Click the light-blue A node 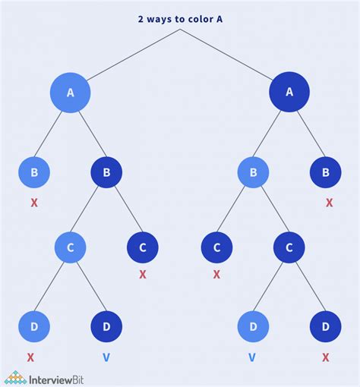point(71,93)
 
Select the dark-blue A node point(289,93)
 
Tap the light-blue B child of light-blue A point(34,173)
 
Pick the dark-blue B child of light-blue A point(106,173)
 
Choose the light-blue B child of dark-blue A point(253,173)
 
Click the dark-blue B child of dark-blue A point(326,173)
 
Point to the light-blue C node point(71,247)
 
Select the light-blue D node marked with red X point(34,326)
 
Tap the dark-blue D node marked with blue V point(106,326)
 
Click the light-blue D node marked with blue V point(253,326)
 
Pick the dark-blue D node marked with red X point(326,326)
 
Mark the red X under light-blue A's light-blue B point(34,203)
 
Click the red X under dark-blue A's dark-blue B point(329,203)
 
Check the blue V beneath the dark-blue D point(106,357)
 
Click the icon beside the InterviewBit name point(14,376)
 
